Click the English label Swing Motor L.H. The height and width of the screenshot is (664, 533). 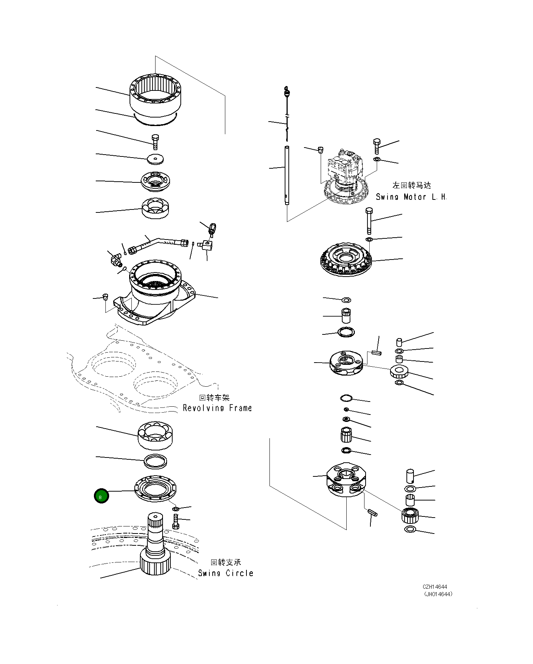(x=411, y=197)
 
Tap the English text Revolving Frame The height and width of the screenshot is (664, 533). (x=217, y=408)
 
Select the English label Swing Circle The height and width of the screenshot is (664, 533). (x=226, y=573)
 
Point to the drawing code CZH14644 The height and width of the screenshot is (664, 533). (x=435, y=587)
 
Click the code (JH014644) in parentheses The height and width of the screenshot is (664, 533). (x=438, y=594)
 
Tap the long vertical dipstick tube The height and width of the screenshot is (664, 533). (x=287, y=174)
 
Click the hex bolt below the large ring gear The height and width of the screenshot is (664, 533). (x=155, y=142)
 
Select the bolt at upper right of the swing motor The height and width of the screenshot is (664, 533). (x=377, y=146)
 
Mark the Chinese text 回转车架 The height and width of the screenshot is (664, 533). (x=215, y=398)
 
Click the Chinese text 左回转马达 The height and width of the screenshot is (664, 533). (x=412, y=185)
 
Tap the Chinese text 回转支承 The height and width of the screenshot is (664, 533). (x=226, y=562)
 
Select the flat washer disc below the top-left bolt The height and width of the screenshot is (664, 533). (x=155, y=159)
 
